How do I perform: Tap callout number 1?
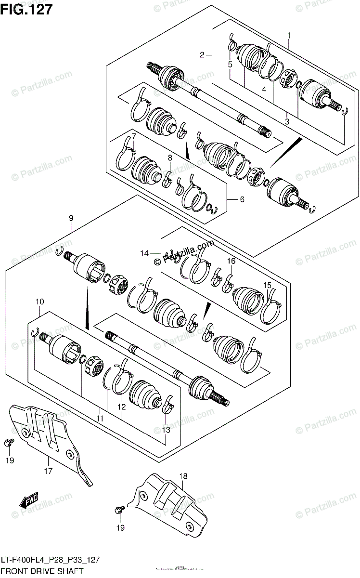(x=289, y=35)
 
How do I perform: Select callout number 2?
(x=203, y=55)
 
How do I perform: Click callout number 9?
(x=71, y=218)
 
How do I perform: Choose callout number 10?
(x=39, y=302)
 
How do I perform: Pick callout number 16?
(x=231, y=261)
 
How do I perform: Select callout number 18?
(x=183, y=476)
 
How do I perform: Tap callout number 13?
(x=166, y=430)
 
